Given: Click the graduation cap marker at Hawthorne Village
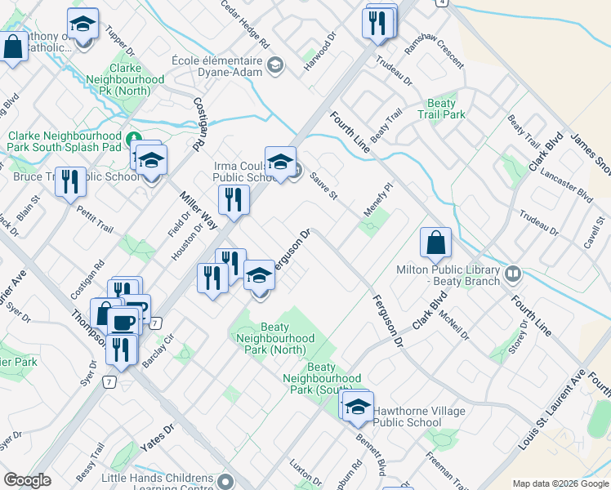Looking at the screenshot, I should click(x=358, y=406).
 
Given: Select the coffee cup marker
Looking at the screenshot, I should click(x=123, y=323).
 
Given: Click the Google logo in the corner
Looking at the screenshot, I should click(x=28, y=480).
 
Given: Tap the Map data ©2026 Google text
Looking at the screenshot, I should click(x=560, y=483).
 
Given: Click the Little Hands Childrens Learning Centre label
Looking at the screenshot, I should click(x=157, y=483).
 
